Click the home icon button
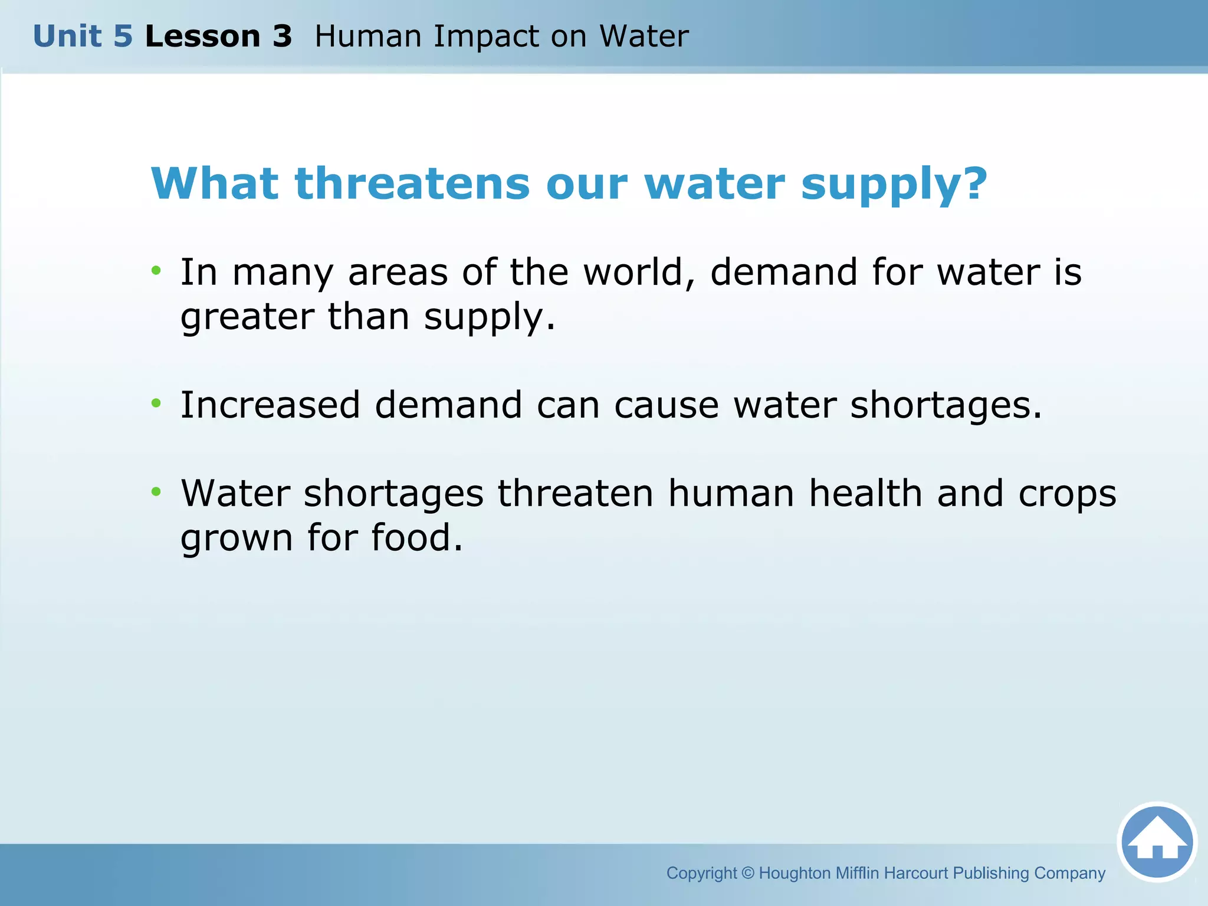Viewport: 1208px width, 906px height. (x=1157, y=842)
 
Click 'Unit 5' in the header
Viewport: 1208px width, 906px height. (x=83, y=37)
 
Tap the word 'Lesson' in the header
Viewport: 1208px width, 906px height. (x=202, y=37)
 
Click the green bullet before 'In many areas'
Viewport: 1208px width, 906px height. (x=156, y=271)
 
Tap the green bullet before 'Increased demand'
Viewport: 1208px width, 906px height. (x=156, y=403)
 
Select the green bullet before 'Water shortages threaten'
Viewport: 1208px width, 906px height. (x=156, y=491)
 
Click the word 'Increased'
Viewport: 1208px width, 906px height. (x=270, y=405)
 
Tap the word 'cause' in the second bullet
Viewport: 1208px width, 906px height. (x=666, y=406)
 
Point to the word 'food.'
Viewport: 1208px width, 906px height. (x=416, y=538)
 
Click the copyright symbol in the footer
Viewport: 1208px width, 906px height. (x=748, y=873)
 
